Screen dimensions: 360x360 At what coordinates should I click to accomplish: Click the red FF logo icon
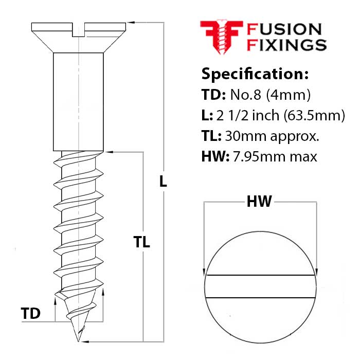(221, 37)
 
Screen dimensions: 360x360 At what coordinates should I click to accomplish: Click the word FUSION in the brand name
(285, 30)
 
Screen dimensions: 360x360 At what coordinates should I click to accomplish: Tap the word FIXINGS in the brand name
(287, 45)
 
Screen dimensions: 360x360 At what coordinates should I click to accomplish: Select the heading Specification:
(255, 74)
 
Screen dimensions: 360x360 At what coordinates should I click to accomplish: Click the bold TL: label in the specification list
(211, 136)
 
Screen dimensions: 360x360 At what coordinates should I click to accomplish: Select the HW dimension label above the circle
(259, 202)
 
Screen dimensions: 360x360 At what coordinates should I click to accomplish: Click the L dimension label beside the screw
(163, 181)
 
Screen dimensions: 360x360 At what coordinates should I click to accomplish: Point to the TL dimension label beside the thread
(141, 242)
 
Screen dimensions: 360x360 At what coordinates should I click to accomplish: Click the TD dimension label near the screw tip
(31, 313)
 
